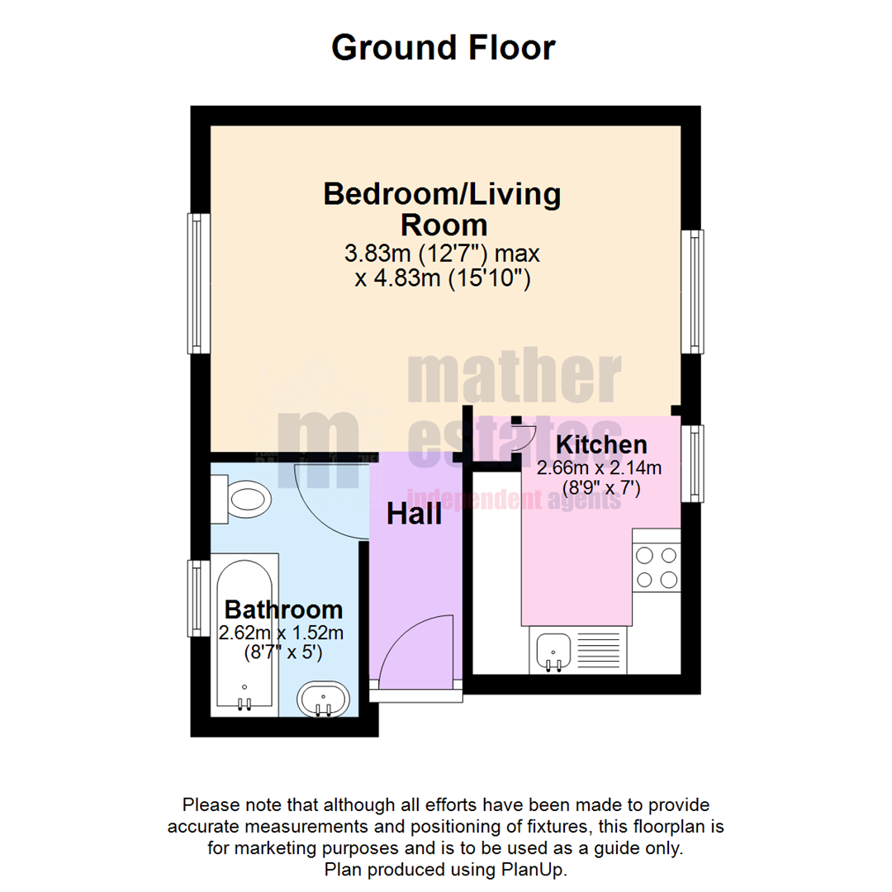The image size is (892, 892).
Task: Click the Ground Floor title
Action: click(444, 47)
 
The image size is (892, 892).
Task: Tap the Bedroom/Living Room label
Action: click(443, 208)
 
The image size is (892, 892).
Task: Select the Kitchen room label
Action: click(600, 444)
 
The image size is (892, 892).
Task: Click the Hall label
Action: click(415, 515)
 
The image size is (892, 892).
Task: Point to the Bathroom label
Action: click(283, 610)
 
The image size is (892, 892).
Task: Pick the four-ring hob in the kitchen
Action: click(657, 567)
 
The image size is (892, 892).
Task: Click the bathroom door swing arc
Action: click(330, 500)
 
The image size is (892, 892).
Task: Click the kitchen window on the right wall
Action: click(692, 463)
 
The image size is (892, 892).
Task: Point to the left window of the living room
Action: click(198, 283)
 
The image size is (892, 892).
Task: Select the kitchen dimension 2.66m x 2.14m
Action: click(600, 468)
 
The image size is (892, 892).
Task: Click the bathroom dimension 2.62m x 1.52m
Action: click(281, 633)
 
